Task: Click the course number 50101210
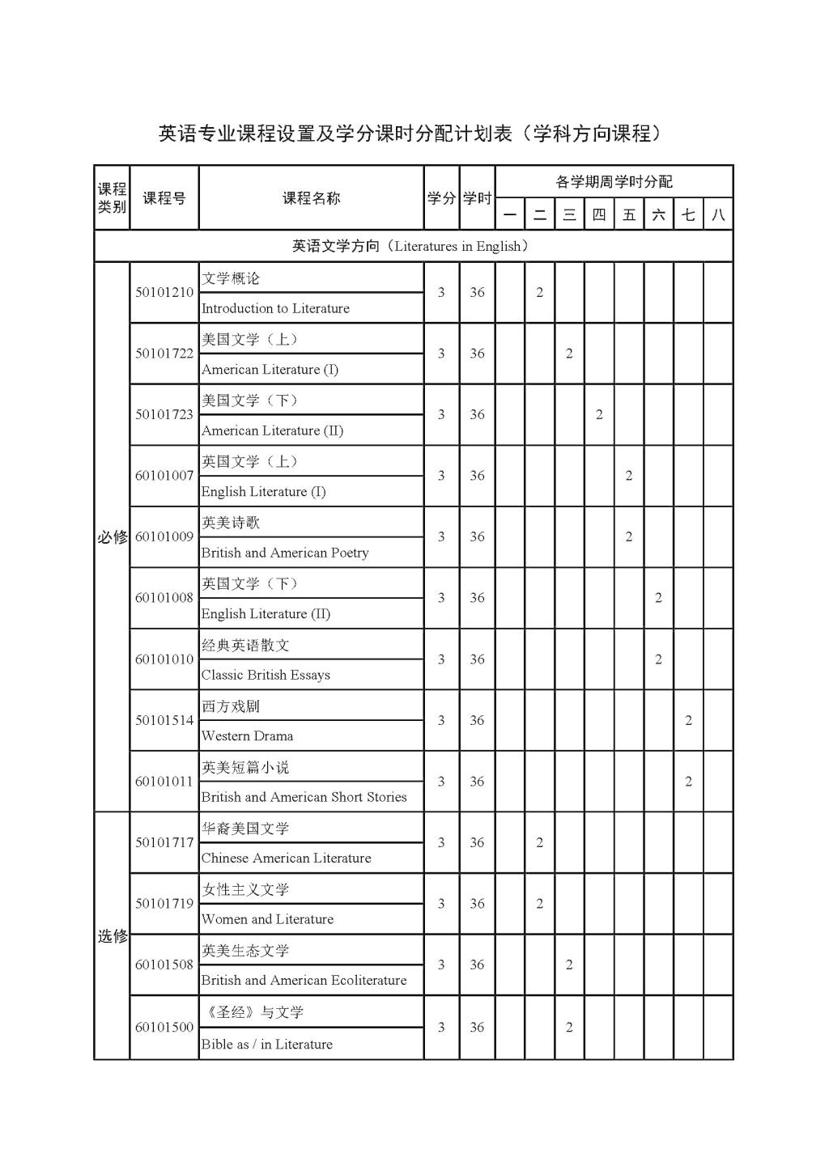164,292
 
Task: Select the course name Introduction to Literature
275,308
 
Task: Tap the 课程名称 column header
311,198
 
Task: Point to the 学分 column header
441,198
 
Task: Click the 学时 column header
477,198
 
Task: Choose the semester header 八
718,214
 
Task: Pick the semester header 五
629,214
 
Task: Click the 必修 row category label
113,536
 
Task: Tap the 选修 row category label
113,936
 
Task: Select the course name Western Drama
247,735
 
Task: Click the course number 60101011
164,781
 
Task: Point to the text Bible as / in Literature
266,1044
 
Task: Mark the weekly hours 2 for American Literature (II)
599,414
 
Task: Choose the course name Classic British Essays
266,675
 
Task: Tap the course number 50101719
164,903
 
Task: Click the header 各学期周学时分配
614,182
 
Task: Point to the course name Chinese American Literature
286,858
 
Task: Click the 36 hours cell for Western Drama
477,720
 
